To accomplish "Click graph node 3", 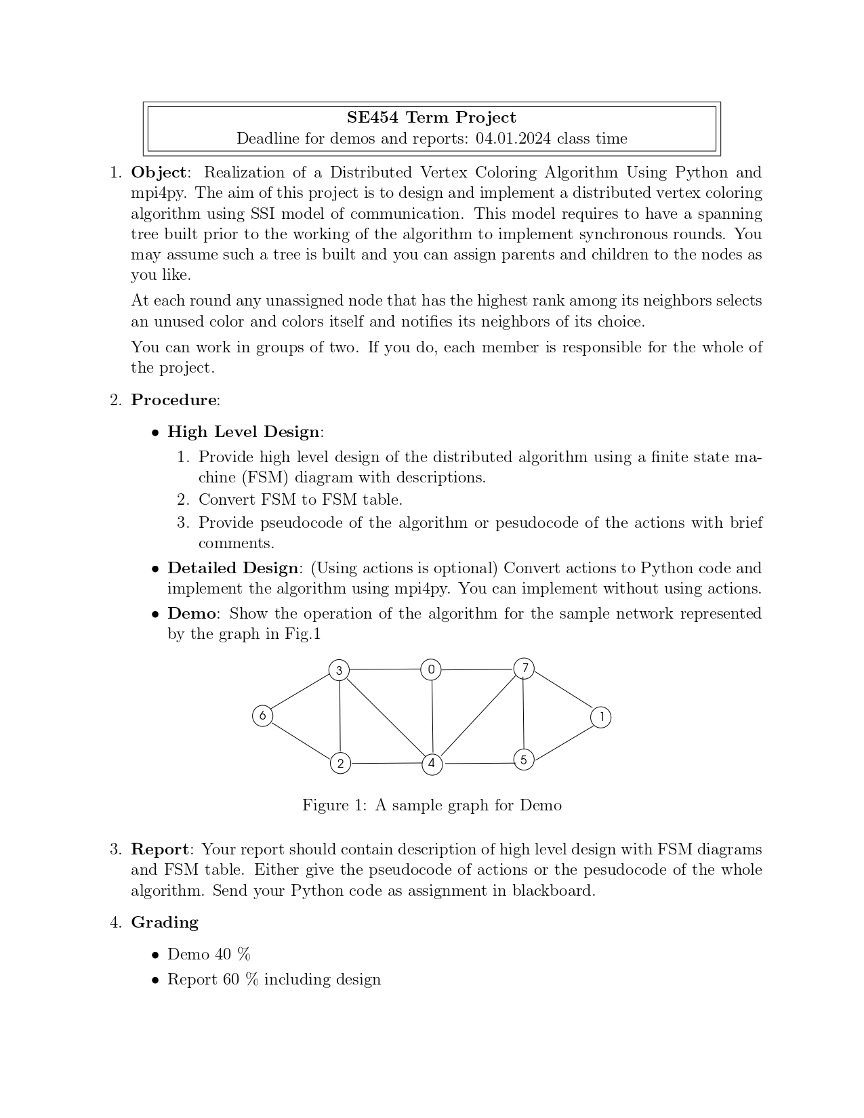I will pos(339,671).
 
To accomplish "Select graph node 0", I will pos(431,669).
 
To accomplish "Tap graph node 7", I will pos(524,668).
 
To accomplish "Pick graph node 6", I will pos(262,716).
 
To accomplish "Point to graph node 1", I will pos(600,717).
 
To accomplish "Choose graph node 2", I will pos(340,764).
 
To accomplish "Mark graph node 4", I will pos(432,764).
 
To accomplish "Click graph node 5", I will pos(523,760).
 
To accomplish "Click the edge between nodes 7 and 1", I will pos(562,692).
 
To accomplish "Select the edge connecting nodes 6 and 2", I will pos(301,739).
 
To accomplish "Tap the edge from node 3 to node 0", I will pos(385,669).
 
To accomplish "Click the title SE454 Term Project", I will pos(431,118).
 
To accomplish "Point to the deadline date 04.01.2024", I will pos(513,139).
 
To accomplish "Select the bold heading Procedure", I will pos(174,400).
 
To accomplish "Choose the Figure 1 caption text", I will pos(432,805).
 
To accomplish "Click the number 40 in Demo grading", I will pos(223,954).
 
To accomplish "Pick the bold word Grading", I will pos(164,922).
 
